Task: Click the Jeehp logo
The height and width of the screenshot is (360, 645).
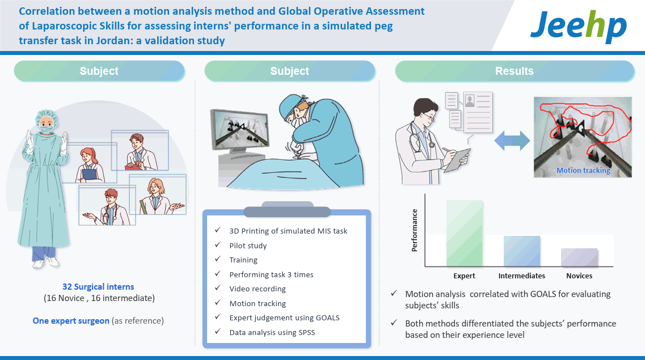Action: (x=579, y=26)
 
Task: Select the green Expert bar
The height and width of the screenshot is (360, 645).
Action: (x=465, y=234)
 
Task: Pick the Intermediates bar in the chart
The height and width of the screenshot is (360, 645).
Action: (x=521, y=251)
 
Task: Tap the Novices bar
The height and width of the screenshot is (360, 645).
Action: (x=579, y=257)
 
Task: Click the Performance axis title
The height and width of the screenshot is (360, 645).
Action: (x=414, y=230)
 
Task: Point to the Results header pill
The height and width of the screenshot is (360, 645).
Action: (x=514, y=71)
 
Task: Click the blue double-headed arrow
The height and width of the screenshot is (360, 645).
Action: (x=512, y=141)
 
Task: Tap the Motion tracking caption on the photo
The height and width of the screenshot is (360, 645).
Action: (x=583, y=170)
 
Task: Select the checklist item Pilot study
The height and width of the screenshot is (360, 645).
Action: (x=248, y=245)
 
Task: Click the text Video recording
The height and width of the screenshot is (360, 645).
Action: (x=258, y=289)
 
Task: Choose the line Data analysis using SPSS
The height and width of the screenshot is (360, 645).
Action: (x=272, y=332)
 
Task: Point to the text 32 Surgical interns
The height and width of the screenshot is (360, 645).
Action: (x=98, y=287)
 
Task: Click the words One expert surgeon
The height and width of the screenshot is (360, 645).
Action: (x=71, y=320)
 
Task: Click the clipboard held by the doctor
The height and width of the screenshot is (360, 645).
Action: (x=457, y=160)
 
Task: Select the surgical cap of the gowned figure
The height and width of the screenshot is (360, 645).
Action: (x=45, y=116)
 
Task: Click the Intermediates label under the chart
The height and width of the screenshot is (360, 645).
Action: (x=521, y=276)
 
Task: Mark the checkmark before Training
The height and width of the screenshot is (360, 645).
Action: (x=218, y=259)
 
